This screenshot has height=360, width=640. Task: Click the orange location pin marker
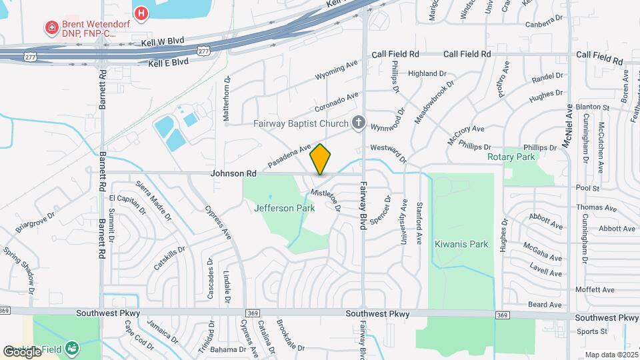click(321, 159)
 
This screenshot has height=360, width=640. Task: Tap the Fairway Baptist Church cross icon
click(358, 123)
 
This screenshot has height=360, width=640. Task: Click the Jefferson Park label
click(283, 208)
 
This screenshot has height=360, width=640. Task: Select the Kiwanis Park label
click(461, 244)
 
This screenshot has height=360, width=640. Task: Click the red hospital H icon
click(141, 13)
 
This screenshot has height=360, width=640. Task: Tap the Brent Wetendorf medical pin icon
click(51, 28)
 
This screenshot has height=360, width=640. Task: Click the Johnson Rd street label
click(234, 173)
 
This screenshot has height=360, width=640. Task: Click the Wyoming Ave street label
click(336, 69)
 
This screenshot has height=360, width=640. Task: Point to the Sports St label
click(592, 331)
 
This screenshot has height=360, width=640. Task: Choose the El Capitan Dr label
click(127, 203)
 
